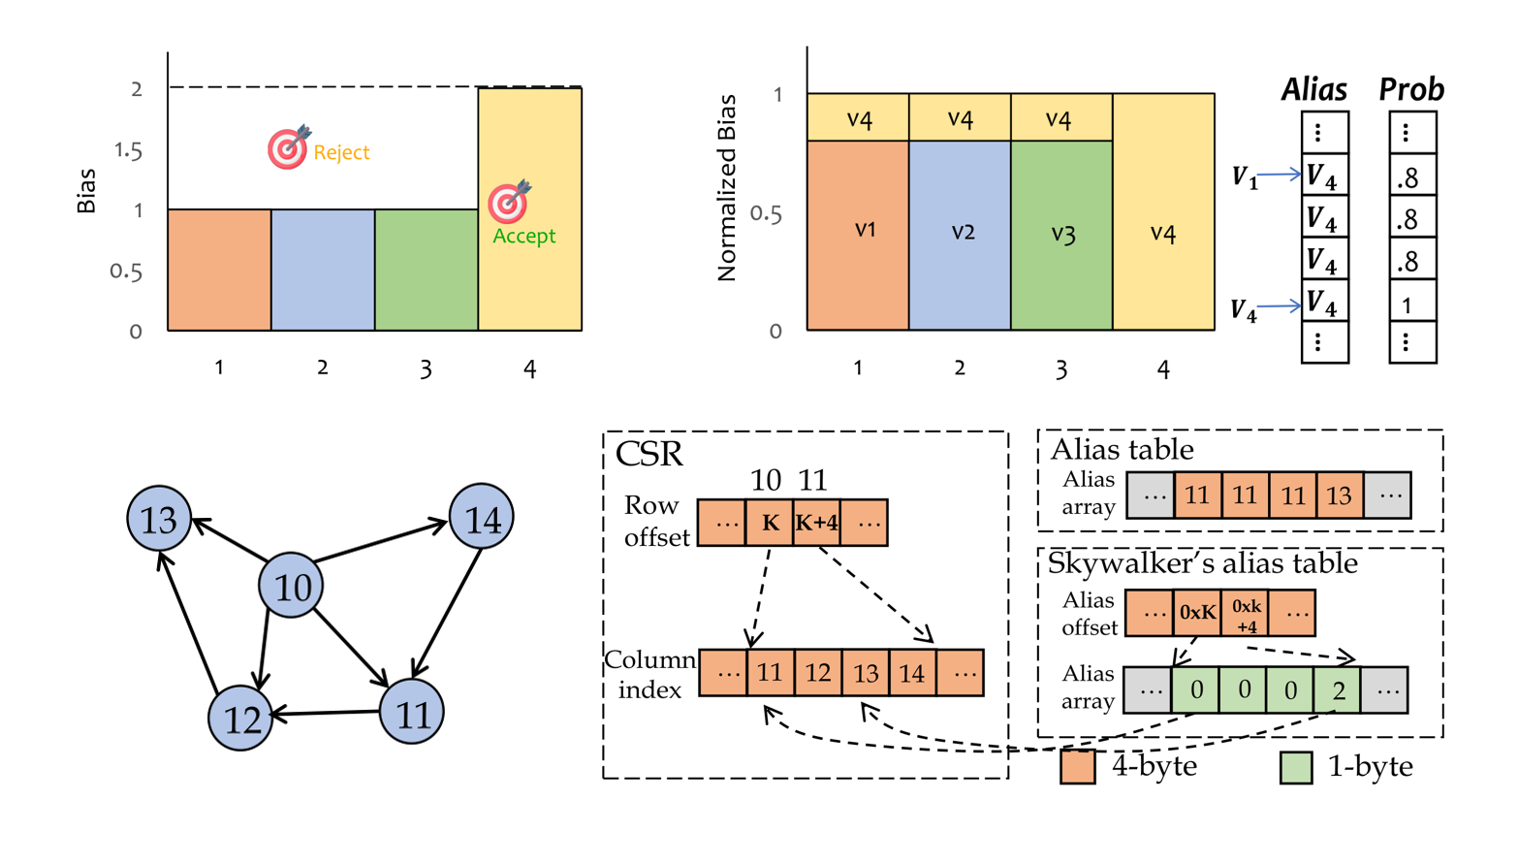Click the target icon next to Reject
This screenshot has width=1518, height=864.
pyautogui.click(x=288, y=147)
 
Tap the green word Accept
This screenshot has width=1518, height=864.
pyautogui.click(x=523, y=236)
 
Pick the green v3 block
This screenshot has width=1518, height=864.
pyautogui.click(x=1061, y=235)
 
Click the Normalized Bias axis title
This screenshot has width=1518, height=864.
pyautogui.click(x=727, y=188)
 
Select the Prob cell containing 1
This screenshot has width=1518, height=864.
pyautogui.click(x=1411, y=305)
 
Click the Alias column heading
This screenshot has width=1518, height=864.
pyautogui.click(x=1314, y=90)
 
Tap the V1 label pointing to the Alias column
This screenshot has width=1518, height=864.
pyautogui.click(x=1245, y=176)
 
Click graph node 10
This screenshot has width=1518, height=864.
pyautogui.click(x=292, y=586)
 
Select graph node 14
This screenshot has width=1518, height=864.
pyautogui.click(x=482, y=519)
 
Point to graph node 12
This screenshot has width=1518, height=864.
pyautogui.click(x=241, y=719)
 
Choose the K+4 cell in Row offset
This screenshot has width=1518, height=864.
pyautogui.click(x=817, y=523)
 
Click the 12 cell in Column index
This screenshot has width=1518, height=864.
pyautogui.click(x=817, y=673)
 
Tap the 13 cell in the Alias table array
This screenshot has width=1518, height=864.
pyautogui.click(x=1339, y=496)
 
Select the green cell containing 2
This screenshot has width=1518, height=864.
pyautogui.click(x=1338, y=690)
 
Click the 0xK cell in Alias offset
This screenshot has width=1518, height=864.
pyautogui.click(x=1197, y=613)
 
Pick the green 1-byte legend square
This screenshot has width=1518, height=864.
pyautogui.click(x=1296, y=767)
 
